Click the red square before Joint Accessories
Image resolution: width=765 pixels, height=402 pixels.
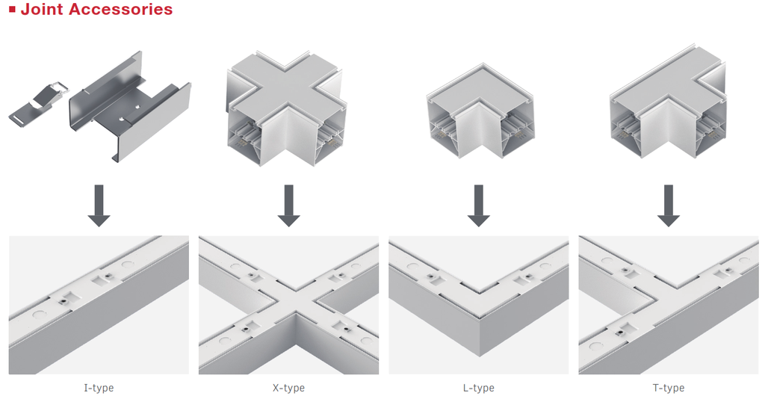[x=13, y=9]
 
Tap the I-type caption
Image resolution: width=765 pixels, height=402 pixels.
[x=99, y=388]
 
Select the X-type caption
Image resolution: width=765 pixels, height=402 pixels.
[x=289, y=388]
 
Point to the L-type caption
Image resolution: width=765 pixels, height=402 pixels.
[x=479, y=388]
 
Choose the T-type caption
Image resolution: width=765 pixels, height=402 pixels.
[x=669, y=388]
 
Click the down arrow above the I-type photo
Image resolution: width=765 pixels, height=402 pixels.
[x=99, y=205]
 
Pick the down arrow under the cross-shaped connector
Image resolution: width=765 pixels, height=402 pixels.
[x=289, y=205]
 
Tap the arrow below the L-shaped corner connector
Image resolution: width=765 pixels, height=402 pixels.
[x=479, y=205]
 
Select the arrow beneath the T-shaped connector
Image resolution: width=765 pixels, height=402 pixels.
[x=669, y=205]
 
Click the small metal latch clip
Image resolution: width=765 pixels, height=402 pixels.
[x=39, y=102]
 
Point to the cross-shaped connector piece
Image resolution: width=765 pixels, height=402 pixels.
[x=287, y=108]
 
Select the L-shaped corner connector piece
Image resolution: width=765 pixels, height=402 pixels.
[x=480, y=111]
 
